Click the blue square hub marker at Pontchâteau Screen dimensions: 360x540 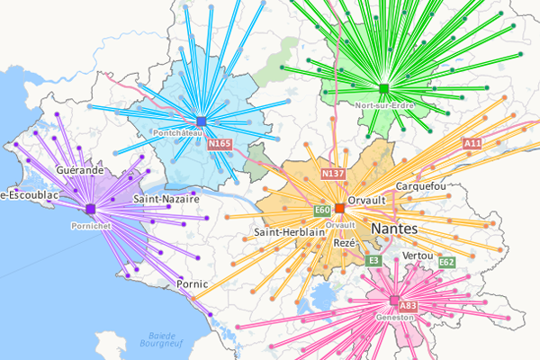pos(201,121)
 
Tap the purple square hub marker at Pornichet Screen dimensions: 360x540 pos(90,210)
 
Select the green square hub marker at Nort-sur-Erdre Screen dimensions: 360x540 pos(383,88)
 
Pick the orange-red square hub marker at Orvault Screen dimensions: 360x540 pos(339,208)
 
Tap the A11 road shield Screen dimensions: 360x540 pos(472,143)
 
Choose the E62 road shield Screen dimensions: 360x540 pos(447,262)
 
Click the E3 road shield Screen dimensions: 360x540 pos(373,260)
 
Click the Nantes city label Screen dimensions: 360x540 pos(393,229)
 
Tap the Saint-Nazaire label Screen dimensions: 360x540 pos(166,198)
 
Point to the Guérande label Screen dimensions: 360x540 pos(78,169)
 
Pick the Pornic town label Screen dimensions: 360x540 pos(193,283)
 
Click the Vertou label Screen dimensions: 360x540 pos(419,256)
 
